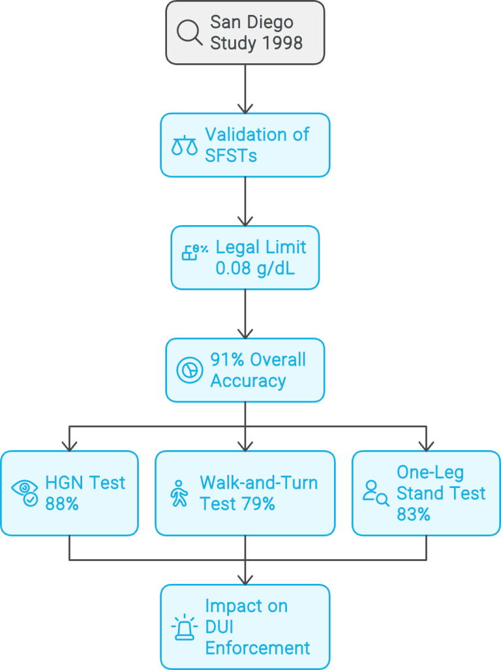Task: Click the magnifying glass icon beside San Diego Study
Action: pyautogui.click(x=190, y=33)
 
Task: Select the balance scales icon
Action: pyautogui.click(x=184, y=145)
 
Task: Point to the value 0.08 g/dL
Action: pyautogui.click(x=255, y=267)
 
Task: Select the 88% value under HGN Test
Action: pyautogui.click(x=62, y=504)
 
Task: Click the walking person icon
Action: pyautogui.click(x=178, y=493)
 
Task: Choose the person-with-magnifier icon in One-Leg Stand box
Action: pyautogui.click(x=376, y=493)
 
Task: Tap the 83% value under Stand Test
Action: pyautogui.click(x=414, y=514)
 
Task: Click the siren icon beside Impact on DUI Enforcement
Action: pyautogui.click(x=184, y=627)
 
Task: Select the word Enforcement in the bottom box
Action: pyautogui.click(x=257, y=648)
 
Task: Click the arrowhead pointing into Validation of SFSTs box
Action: pyautogui.click(x=245, y=107)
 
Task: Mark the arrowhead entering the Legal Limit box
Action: pyautogui.click(x=245, y=220)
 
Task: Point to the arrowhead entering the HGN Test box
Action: pyautogui.click(x=69, y=446)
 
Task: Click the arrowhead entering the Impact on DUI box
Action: pyautogui.click(x=245, y=579)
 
